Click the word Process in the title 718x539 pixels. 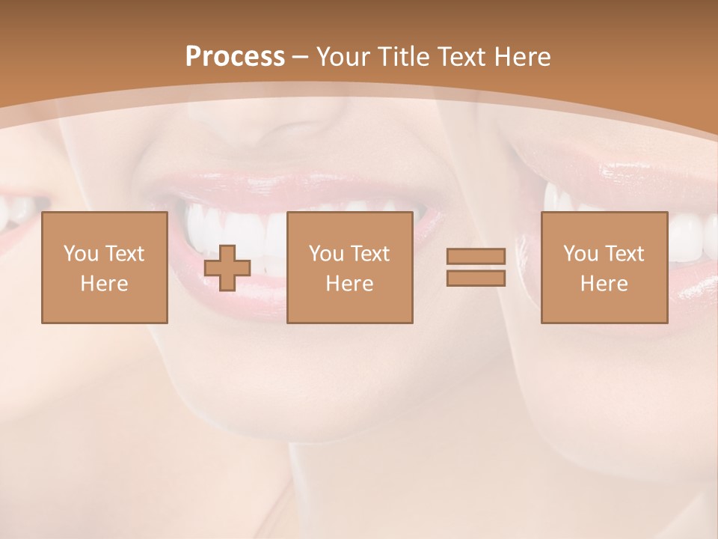point(235,57)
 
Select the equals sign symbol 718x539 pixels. point(476,267)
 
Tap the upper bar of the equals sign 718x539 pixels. point(476,257)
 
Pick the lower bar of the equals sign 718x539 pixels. point(476,278)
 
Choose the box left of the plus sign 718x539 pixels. point(105,267)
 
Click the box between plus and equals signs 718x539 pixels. point(349,267)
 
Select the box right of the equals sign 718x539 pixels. point(604,267)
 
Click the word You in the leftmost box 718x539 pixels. point(81,254)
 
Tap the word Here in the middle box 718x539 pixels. point(349,284)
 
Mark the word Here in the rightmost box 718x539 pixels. point(604,284)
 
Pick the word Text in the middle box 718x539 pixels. point(371,254)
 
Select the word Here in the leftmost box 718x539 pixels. point(105,284)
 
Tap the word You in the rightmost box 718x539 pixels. point(580,254)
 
